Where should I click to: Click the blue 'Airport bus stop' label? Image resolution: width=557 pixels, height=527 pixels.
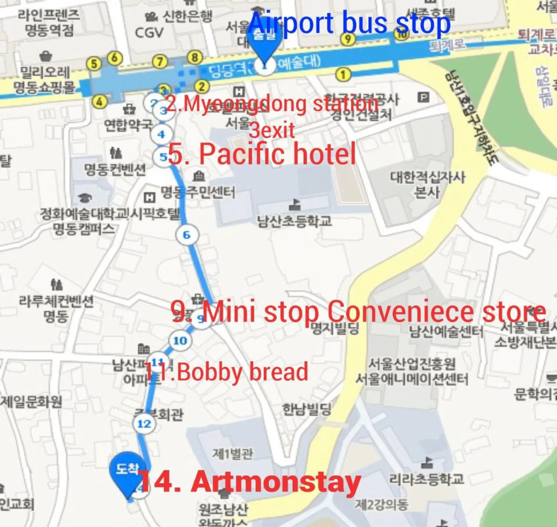pyautogui.click(x=350, y=23)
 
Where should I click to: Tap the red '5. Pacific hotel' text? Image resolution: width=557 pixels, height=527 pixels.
pyautogui.click(x=262, y=154)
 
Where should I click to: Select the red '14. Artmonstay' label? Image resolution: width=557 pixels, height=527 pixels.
pyautogui.click(x=250, y=482)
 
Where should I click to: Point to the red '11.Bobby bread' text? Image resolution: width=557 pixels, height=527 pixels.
pyautogui.click(x=227, y=372)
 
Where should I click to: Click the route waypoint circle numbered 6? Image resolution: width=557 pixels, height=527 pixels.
pyautogui.click(x=186, y=235)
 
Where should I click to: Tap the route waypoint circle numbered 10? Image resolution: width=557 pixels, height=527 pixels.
pyautogui.click(x=180, y=341)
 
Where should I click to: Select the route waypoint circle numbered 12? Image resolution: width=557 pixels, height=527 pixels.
pyautogui.click(x=144, y=424)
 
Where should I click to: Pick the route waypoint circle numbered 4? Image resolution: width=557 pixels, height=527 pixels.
pyautogui.click(x=161, y=134)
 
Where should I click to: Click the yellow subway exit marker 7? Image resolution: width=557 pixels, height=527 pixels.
pyautogui.click(x=160, y=62)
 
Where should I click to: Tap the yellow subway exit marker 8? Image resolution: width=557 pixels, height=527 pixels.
pyautogui.click(x=195, y=58)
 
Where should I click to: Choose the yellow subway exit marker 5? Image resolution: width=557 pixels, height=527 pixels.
pyautogui.click(x=93, y=63)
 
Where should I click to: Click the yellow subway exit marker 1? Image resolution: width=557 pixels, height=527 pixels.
pyautogui.click(x=343, y=75)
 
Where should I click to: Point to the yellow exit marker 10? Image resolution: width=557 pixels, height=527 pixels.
pyautogui.click(x=401, y=34)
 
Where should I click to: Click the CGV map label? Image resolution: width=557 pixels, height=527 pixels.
pyautogui.click(x=149, y=32)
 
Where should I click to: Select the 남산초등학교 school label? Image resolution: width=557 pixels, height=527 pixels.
pyautogui.click(x=294, y=220)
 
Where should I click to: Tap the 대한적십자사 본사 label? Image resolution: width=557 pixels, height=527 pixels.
pyautogui.click(x=427, y=184)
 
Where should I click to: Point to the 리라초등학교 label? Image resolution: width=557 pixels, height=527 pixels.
pyautogui.click(x=427, y=479)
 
